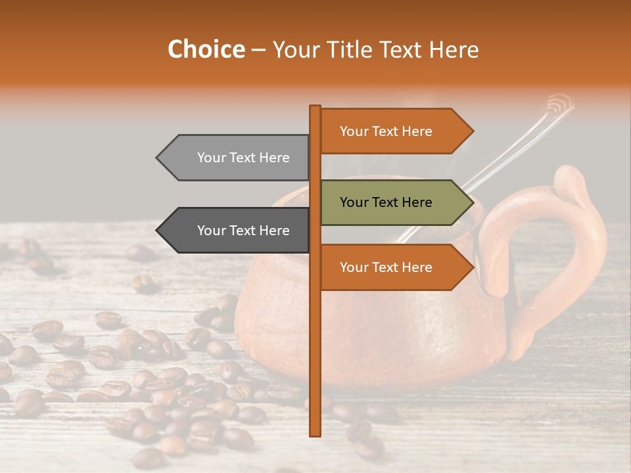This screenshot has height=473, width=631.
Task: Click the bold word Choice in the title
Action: click(x=206, y=49)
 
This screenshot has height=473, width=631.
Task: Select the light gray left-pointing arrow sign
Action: click(x=237, y=158)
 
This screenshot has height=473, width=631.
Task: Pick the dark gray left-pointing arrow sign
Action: click(x=237, y=231)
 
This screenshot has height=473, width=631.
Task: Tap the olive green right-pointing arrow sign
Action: click(x=391, y=202)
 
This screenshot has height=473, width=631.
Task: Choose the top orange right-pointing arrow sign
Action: click(x=391, y=131)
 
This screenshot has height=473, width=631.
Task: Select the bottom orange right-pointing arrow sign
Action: click(x=391, y=267)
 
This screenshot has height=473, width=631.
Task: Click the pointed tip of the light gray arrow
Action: click(x=158, y=158)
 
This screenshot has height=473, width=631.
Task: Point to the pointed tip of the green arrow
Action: click(x=472, y=202)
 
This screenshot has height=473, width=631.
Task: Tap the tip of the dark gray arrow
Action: click(x=158, y=231)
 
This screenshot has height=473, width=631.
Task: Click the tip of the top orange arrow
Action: click(x=472, y=131)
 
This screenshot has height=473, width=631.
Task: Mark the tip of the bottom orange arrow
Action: click(x=472, y=267)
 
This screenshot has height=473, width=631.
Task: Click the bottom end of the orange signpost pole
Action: click(x=315, y=434)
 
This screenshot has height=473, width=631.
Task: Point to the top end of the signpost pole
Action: click(x=315, y=108)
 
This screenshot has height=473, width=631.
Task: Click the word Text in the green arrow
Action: click(x=386, y=202)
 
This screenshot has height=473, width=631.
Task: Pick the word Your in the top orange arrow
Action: click(x=354, y=131)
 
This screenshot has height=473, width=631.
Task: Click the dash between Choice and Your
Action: click(x=258, y=50)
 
